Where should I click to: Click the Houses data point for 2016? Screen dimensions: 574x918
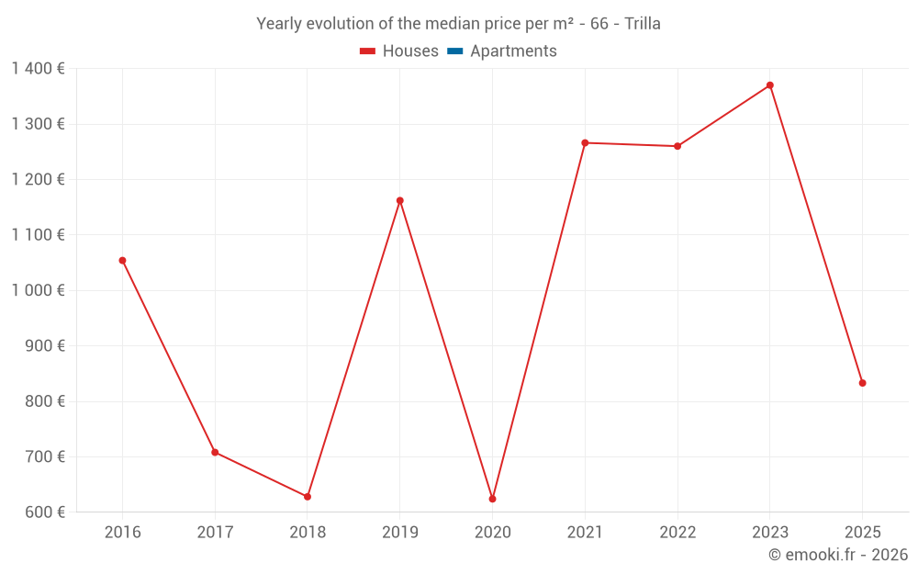(122, 261)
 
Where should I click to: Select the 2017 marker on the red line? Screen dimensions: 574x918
(215, 452)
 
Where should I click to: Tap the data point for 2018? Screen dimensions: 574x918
(308, 497)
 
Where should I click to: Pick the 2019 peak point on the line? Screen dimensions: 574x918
(400, 200)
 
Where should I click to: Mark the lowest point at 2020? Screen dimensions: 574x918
(492, 499)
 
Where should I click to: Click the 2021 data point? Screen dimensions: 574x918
(585, 142)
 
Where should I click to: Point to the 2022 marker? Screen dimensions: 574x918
(677, 146)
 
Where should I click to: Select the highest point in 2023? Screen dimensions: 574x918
(770, 85)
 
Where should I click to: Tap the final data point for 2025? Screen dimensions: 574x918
(863, 383)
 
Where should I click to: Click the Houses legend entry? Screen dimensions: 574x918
(399, 51)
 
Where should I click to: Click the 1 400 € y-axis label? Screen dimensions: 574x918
(38, 68)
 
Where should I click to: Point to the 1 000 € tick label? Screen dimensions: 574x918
(38, 290)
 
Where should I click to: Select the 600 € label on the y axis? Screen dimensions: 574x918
(45, 512)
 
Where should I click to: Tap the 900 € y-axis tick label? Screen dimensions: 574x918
(45, 346)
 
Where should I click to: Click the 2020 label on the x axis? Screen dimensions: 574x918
(492, 532)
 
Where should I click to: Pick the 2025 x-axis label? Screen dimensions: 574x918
(863, 532)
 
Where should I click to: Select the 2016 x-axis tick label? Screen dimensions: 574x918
(122, 532)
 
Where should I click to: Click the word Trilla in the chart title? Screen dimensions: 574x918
(643, 24)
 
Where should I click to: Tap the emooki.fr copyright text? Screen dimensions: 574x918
(838, 555)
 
